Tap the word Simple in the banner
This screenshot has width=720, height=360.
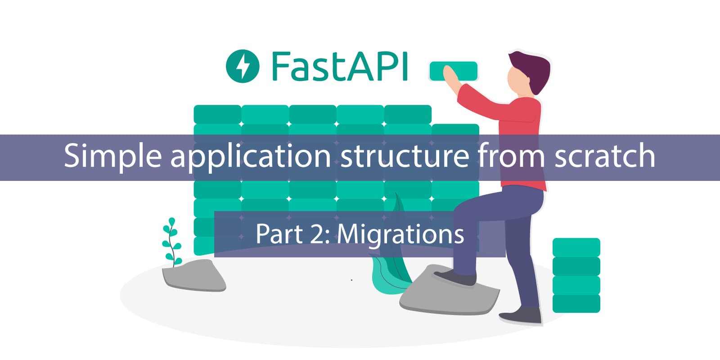click(x=112, y=156)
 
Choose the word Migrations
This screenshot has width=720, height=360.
click(x=400, y=234)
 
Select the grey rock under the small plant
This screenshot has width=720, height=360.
click(x=193, y=275)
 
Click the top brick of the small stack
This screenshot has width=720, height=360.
click(x=576, y=247)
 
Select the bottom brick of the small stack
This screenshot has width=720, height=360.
click(x=576, y=303)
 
